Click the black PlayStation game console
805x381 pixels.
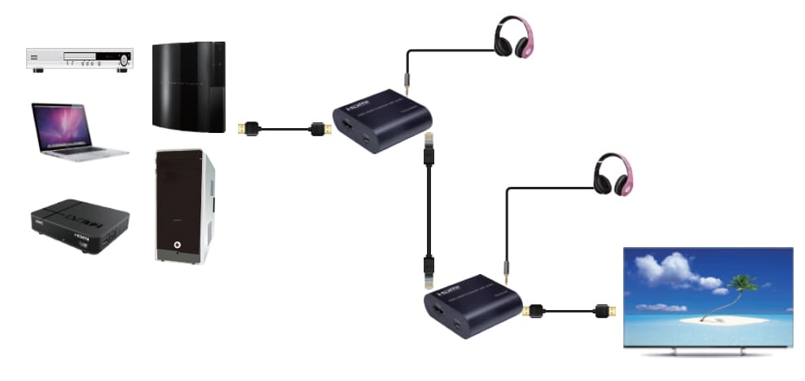(188, 86)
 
